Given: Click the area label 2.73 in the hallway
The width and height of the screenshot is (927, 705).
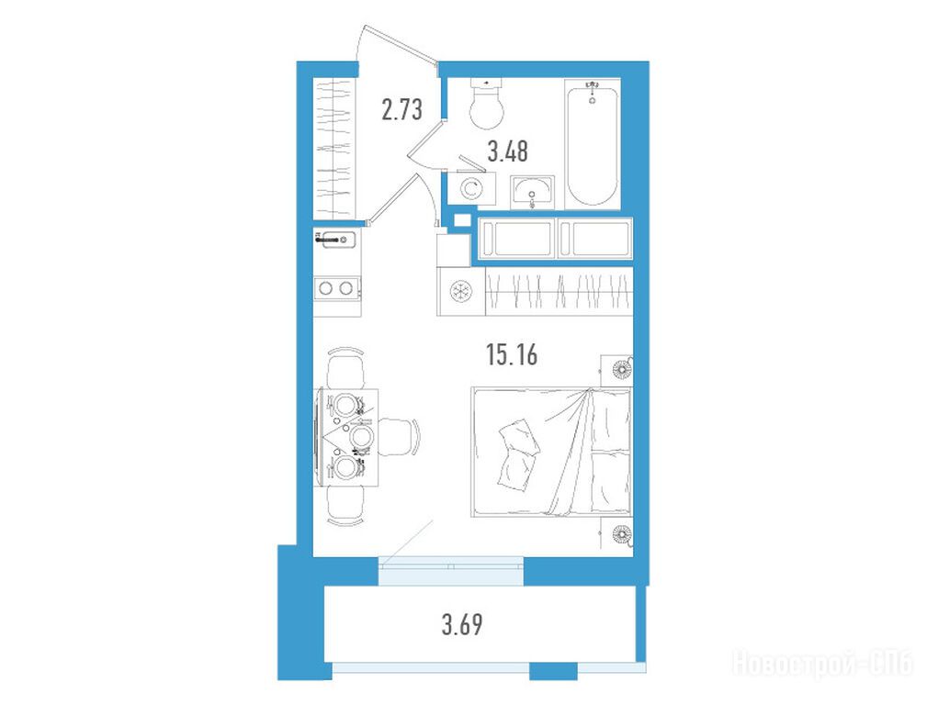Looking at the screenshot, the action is pos(402,110).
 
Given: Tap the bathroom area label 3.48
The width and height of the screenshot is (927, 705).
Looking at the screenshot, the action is pos(507,151).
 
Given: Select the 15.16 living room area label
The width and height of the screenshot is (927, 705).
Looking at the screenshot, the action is pos(512,355).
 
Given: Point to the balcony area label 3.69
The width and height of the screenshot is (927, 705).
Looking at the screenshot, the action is pos(462,624).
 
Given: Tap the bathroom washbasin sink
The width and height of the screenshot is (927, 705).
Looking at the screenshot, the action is pos(532,192).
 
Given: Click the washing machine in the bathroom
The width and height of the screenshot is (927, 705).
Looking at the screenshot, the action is pos(470,188).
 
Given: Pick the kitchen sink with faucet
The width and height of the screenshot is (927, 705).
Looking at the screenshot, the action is pos(336,240).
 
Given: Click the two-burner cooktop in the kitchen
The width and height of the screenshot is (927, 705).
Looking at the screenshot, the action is pos(336,288).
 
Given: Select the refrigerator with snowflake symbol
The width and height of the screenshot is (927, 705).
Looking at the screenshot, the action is pos(460,291).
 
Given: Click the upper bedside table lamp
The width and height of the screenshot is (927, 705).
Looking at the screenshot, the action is pos(621,369).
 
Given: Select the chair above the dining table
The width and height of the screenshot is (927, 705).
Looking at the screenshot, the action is pos(345,369).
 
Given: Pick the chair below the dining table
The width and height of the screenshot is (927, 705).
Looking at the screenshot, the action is pos(345,505).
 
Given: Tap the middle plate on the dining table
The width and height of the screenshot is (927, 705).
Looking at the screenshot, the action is pos(361,438).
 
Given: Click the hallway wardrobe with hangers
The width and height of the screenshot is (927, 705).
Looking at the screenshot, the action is pos(335,148).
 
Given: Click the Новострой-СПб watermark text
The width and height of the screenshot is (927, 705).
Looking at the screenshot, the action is pos(823,664).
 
